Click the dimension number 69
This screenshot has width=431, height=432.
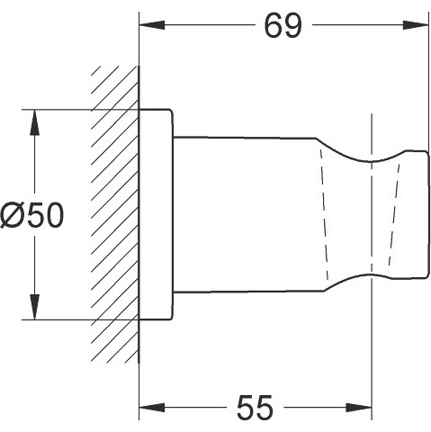[283, 26]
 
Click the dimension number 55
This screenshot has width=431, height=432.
[255, 407]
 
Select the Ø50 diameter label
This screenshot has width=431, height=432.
[32, 215]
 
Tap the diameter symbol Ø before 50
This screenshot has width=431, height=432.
[12, 215]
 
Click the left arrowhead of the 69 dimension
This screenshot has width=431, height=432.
[152, 25]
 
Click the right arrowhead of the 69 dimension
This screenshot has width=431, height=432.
[416, 25]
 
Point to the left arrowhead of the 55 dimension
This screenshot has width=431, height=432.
[152, 408]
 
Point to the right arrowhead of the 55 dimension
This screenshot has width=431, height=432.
[359, 408]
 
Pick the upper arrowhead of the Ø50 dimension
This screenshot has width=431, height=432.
[35, 122]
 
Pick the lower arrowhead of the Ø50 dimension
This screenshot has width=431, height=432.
[35, 307]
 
